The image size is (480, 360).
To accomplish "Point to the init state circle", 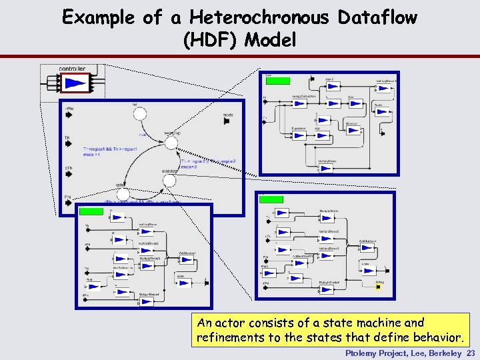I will pyautogui.click(x=139, y=115).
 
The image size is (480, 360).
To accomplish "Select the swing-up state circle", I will pyautogui.click(x=171, y=141).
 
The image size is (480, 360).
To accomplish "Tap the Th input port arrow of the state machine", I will pyautogui.click(x=69, y=145).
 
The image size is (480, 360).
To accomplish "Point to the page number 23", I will pyautogui.click(x=471, y=353).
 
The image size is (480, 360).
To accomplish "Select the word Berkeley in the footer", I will pyautogui.click(x=442, y=353).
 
